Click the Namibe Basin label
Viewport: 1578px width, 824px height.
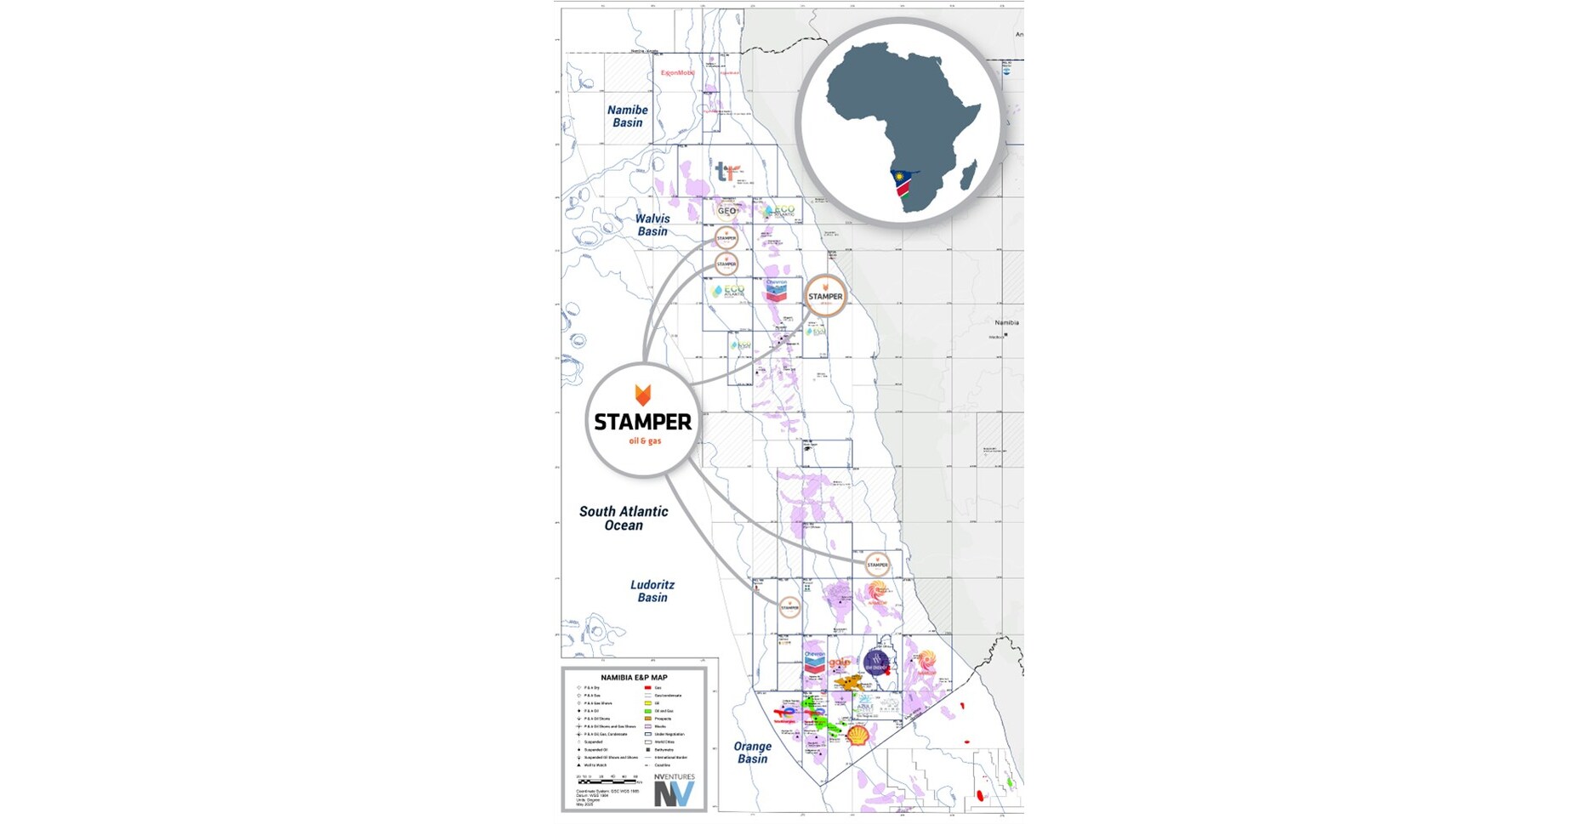pos(628,116)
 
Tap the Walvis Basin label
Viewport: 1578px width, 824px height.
pos(652,225)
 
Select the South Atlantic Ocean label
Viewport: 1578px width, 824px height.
pos(624,518)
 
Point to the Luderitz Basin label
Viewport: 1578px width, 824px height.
pos(652,591)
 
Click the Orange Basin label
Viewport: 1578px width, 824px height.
pos(752,753)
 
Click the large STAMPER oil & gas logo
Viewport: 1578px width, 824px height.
pos(643,421)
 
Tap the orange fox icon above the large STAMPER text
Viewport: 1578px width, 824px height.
pos(643,395)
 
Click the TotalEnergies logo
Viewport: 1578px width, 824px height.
pos(788,713)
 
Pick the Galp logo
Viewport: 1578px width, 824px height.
pos(840,662)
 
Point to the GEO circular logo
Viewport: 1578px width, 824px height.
pos(726,211)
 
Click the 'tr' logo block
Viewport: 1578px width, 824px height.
pos(726,173)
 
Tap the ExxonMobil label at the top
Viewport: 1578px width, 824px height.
pos(677,73)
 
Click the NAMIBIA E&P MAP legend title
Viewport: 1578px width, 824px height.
pos(634,678)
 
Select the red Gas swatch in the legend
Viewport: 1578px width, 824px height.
pos(647,687)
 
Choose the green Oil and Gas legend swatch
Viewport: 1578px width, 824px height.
pos(647,711)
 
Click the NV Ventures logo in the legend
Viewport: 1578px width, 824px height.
pos(674,790)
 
